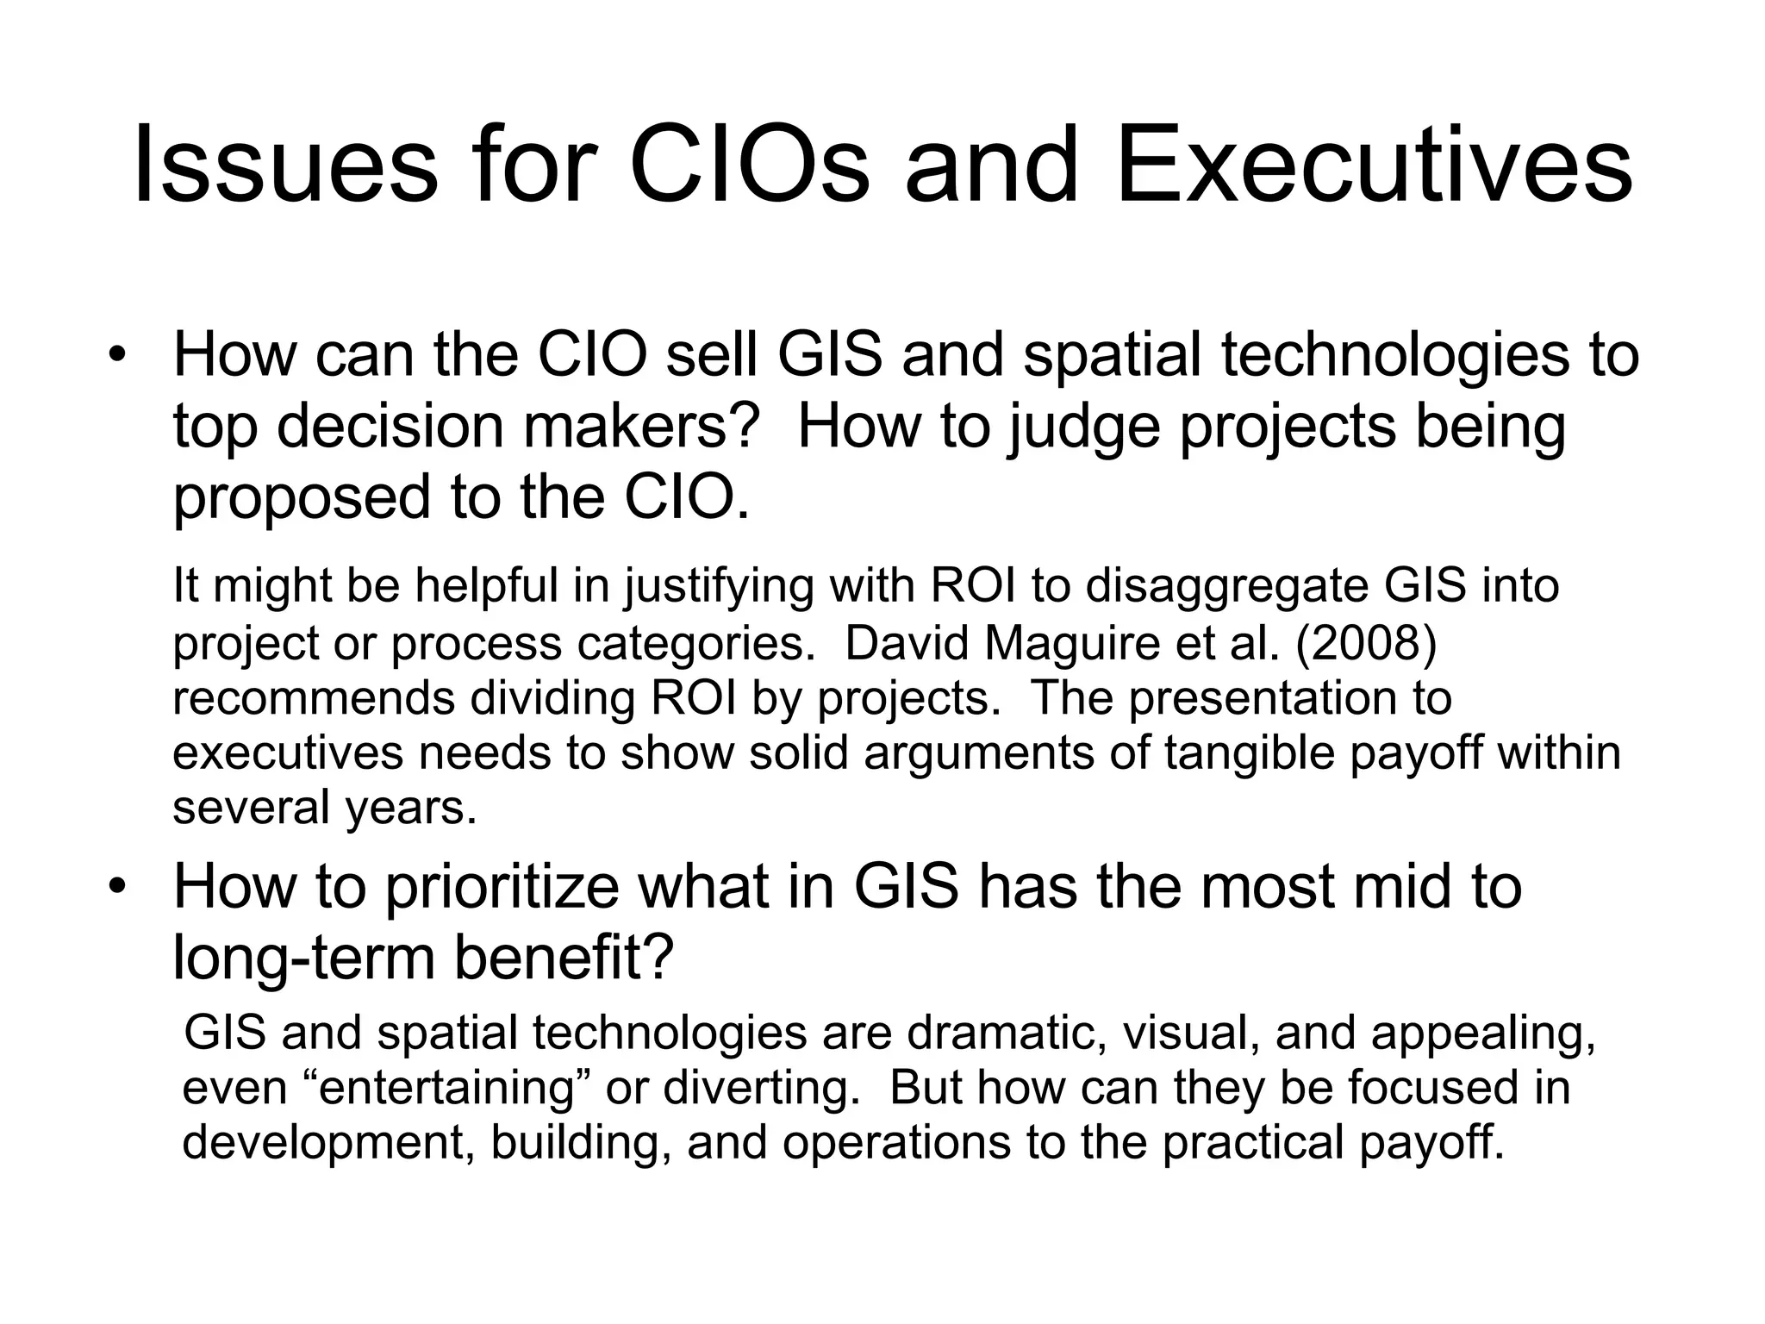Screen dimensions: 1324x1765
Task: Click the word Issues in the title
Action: tap(285, 166)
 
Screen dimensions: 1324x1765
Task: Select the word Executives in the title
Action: tap(1374, 166)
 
